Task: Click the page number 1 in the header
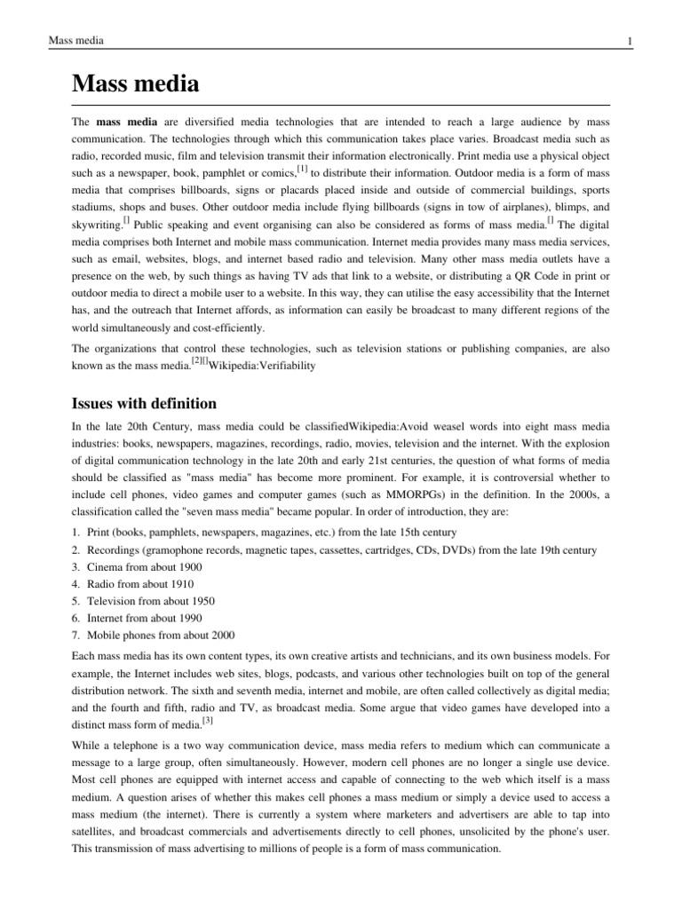[629, 42]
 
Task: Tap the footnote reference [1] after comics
[303, 167]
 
